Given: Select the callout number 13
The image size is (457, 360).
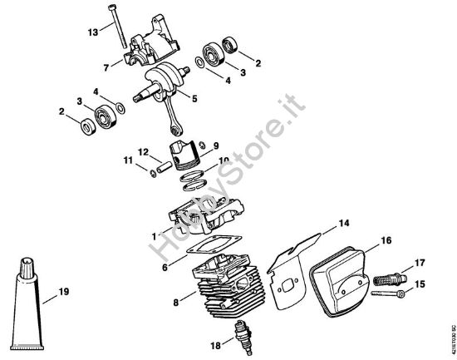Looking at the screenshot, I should pyautogui.click(x=93, y=32).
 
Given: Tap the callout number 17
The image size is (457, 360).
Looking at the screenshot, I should pyautogui.click(x=420, y=263).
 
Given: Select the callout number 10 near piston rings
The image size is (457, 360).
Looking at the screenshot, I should pyautogui.click(x=224, y=160).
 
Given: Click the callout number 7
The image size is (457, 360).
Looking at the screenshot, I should pyautogui.click(x=105, y=67).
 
